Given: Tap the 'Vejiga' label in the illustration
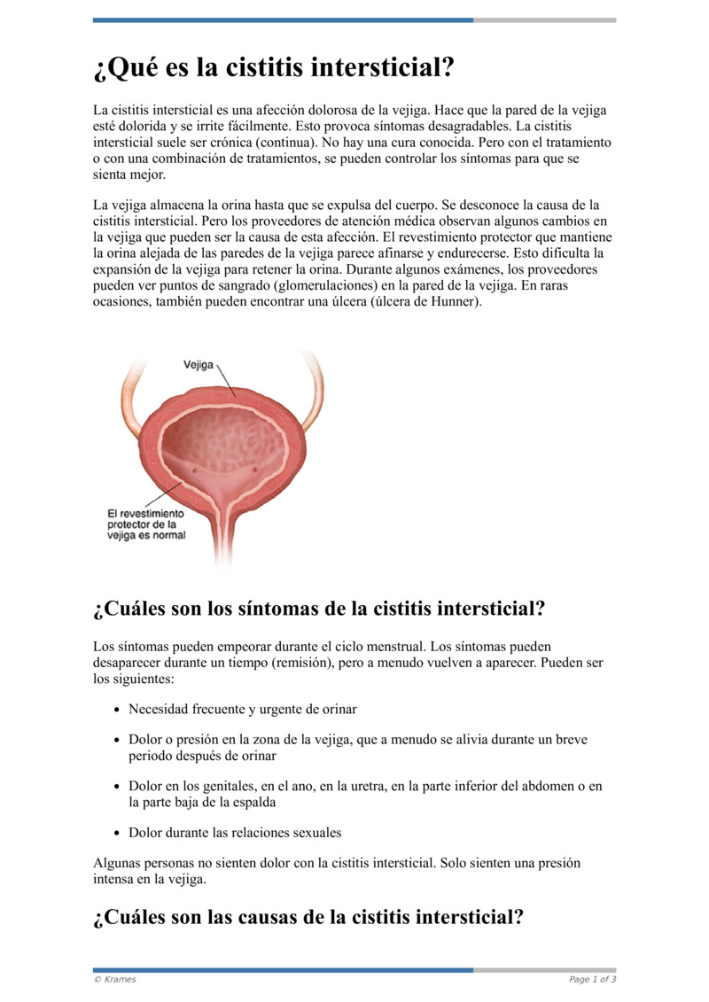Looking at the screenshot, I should click(x=199, y=364).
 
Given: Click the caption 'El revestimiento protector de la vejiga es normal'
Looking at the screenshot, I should click(x=146, y=524).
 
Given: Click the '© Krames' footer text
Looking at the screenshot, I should click(x=115, y=979).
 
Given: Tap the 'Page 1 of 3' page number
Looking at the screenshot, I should click(x=592, y=979).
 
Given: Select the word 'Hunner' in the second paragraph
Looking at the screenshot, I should click(x=454, y=301).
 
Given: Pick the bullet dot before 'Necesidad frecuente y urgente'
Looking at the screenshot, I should click(x=119, y=710).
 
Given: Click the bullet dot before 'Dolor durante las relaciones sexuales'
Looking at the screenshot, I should click(x=119, y=833).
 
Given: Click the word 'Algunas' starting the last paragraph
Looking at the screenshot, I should click(x=118, y=862).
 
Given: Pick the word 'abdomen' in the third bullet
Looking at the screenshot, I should click(x=541, y=786).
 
